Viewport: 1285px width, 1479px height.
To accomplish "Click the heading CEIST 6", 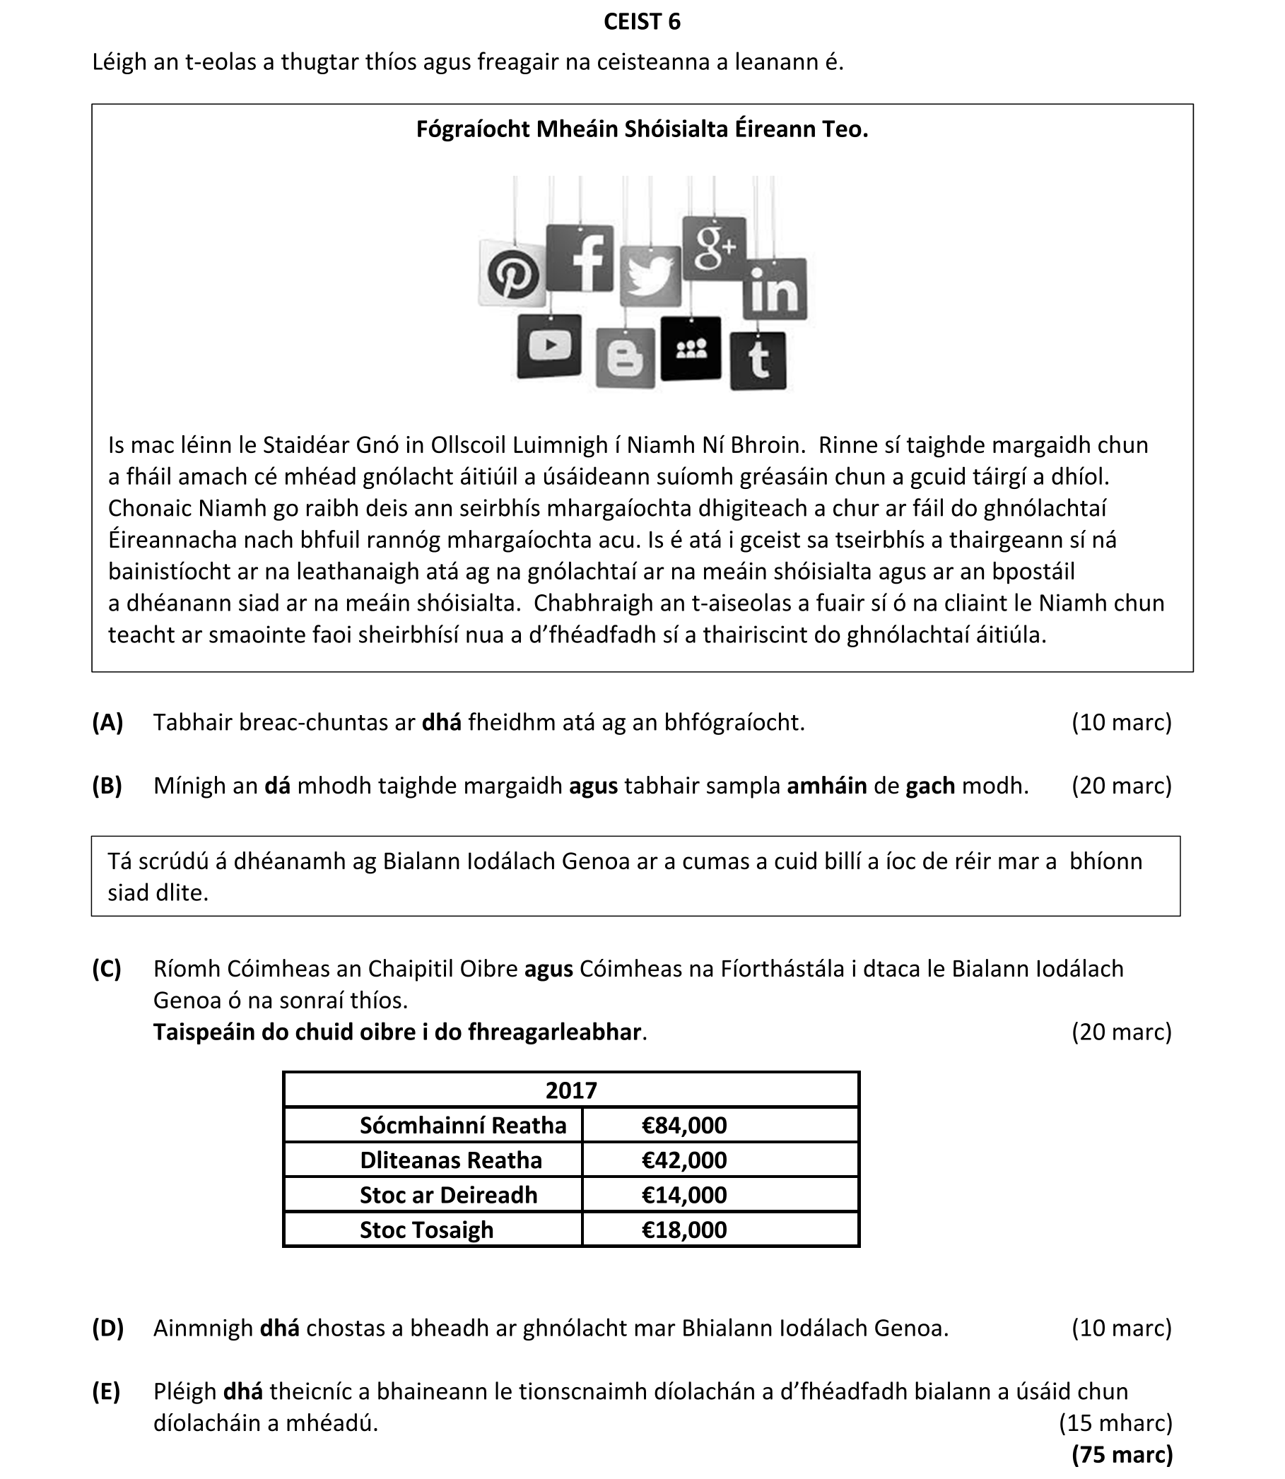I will [642, 22].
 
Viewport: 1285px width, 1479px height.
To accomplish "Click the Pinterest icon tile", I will [512, 274].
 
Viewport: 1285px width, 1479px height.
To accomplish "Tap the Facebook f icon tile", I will [580, 258].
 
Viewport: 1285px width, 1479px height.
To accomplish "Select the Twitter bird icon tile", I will [650, 276].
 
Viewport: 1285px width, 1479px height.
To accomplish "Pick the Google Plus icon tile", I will [713, 248].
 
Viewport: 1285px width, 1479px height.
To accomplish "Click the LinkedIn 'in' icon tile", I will [775, 289].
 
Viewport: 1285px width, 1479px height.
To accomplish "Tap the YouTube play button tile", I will [549, 346].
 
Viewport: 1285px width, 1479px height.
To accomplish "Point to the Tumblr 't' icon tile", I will [758, 360].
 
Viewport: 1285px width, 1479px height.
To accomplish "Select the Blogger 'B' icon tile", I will [626, 358].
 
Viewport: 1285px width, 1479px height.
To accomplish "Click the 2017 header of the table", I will [571, 1090].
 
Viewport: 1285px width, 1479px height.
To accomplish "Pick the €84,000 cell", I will [684, 1125].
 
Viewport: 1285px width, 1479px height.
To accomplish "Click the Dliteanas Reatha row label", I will [450, 1160].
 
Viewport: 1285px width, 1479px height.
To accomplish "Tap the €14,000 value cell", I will [684, 1194].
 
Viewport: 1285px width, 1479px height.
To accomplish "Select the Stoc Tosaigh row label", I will [427, 1230].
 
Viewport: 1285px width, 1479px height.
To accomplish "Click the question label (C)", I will [107, 969].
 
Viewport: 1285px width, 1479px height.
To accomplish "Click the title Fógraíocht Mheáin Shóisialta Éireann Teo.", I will [642, 129].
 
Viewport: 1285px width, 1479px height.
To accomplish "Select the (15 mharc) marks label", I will [1115, 1422].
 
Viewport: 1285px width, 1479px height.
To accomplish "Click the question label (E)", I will [106, 1391].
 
